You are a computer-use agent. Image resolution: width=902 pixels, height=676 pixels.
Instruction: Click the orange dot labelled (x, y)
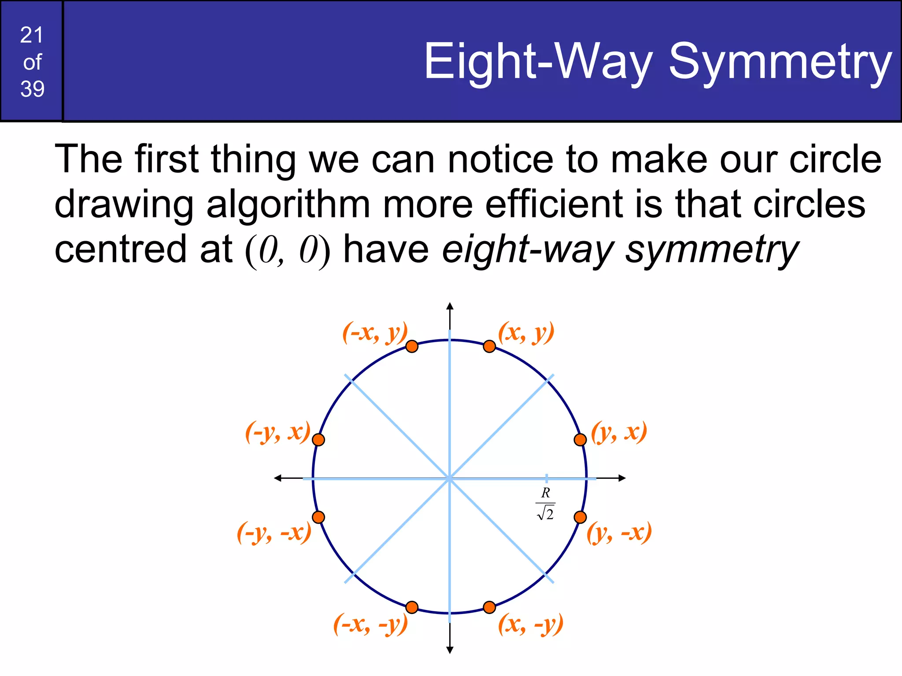pyautogui.click(x=489, y=346)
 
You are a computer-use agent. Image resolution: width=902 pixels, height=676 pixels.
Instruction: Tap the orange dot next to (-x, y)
pyautogui.click(x=412, y=346)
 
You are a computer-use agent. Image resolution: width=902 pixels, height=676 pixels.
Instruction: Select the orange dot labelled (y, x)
pyautogui.click(x=580, y=439)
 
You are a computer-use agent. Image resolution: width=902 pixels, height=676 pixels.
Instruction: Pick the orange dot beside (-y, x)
pyautogui.click(x=318, y=439)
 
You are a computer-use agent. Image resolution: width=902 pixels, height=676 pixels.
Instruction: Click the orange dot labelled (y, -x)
pyautogui.click(x=580, y=517)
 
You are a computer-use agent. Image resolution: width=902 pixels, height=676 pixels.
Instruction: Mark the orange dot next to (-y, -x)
pyautogui.click(x=318, y=517)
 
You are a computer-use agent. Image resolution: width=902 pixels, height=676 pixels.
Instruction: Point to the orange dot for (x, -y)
pyautogui.click(x=489, y=607)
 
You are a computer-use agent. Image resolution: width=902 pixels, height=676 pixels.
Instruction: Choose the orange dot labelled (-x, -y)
pyautogui.click(x=412, y=607)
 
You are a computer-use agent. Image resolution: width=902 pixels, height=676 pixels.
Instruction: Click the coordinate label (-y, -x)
pyautogui.click(x=274, y=533)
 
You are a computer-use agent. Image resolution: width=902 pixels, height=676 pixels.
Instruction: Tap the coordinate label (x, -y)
pyautogui.click(x=530, y=624)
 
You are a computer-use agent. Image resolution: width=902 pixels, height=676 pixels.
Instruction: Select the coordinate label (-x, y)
pyautogui.click(x=375, y=333)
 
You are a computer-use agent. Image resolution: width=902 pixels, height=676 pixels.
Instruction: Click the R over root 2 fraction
pyautogui.click(x=546, y=503)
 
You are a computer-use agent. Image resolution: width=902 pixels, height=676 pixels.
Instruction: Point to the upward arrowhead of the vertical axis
pyautogui.click(x=450, y=306)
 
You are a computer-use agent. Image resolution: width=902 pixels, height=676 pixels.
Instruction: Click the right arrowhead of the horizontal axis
pyautogui.click(x=622, y=478)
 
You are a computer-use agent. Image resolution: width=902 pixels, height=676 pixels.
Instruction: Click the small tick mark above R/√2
pyautogui.click(x=547, y=478)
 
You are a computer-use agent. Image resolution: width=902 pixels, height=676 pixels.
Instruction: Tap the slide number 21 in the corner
pyautogui.click(x=32, y=35)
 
